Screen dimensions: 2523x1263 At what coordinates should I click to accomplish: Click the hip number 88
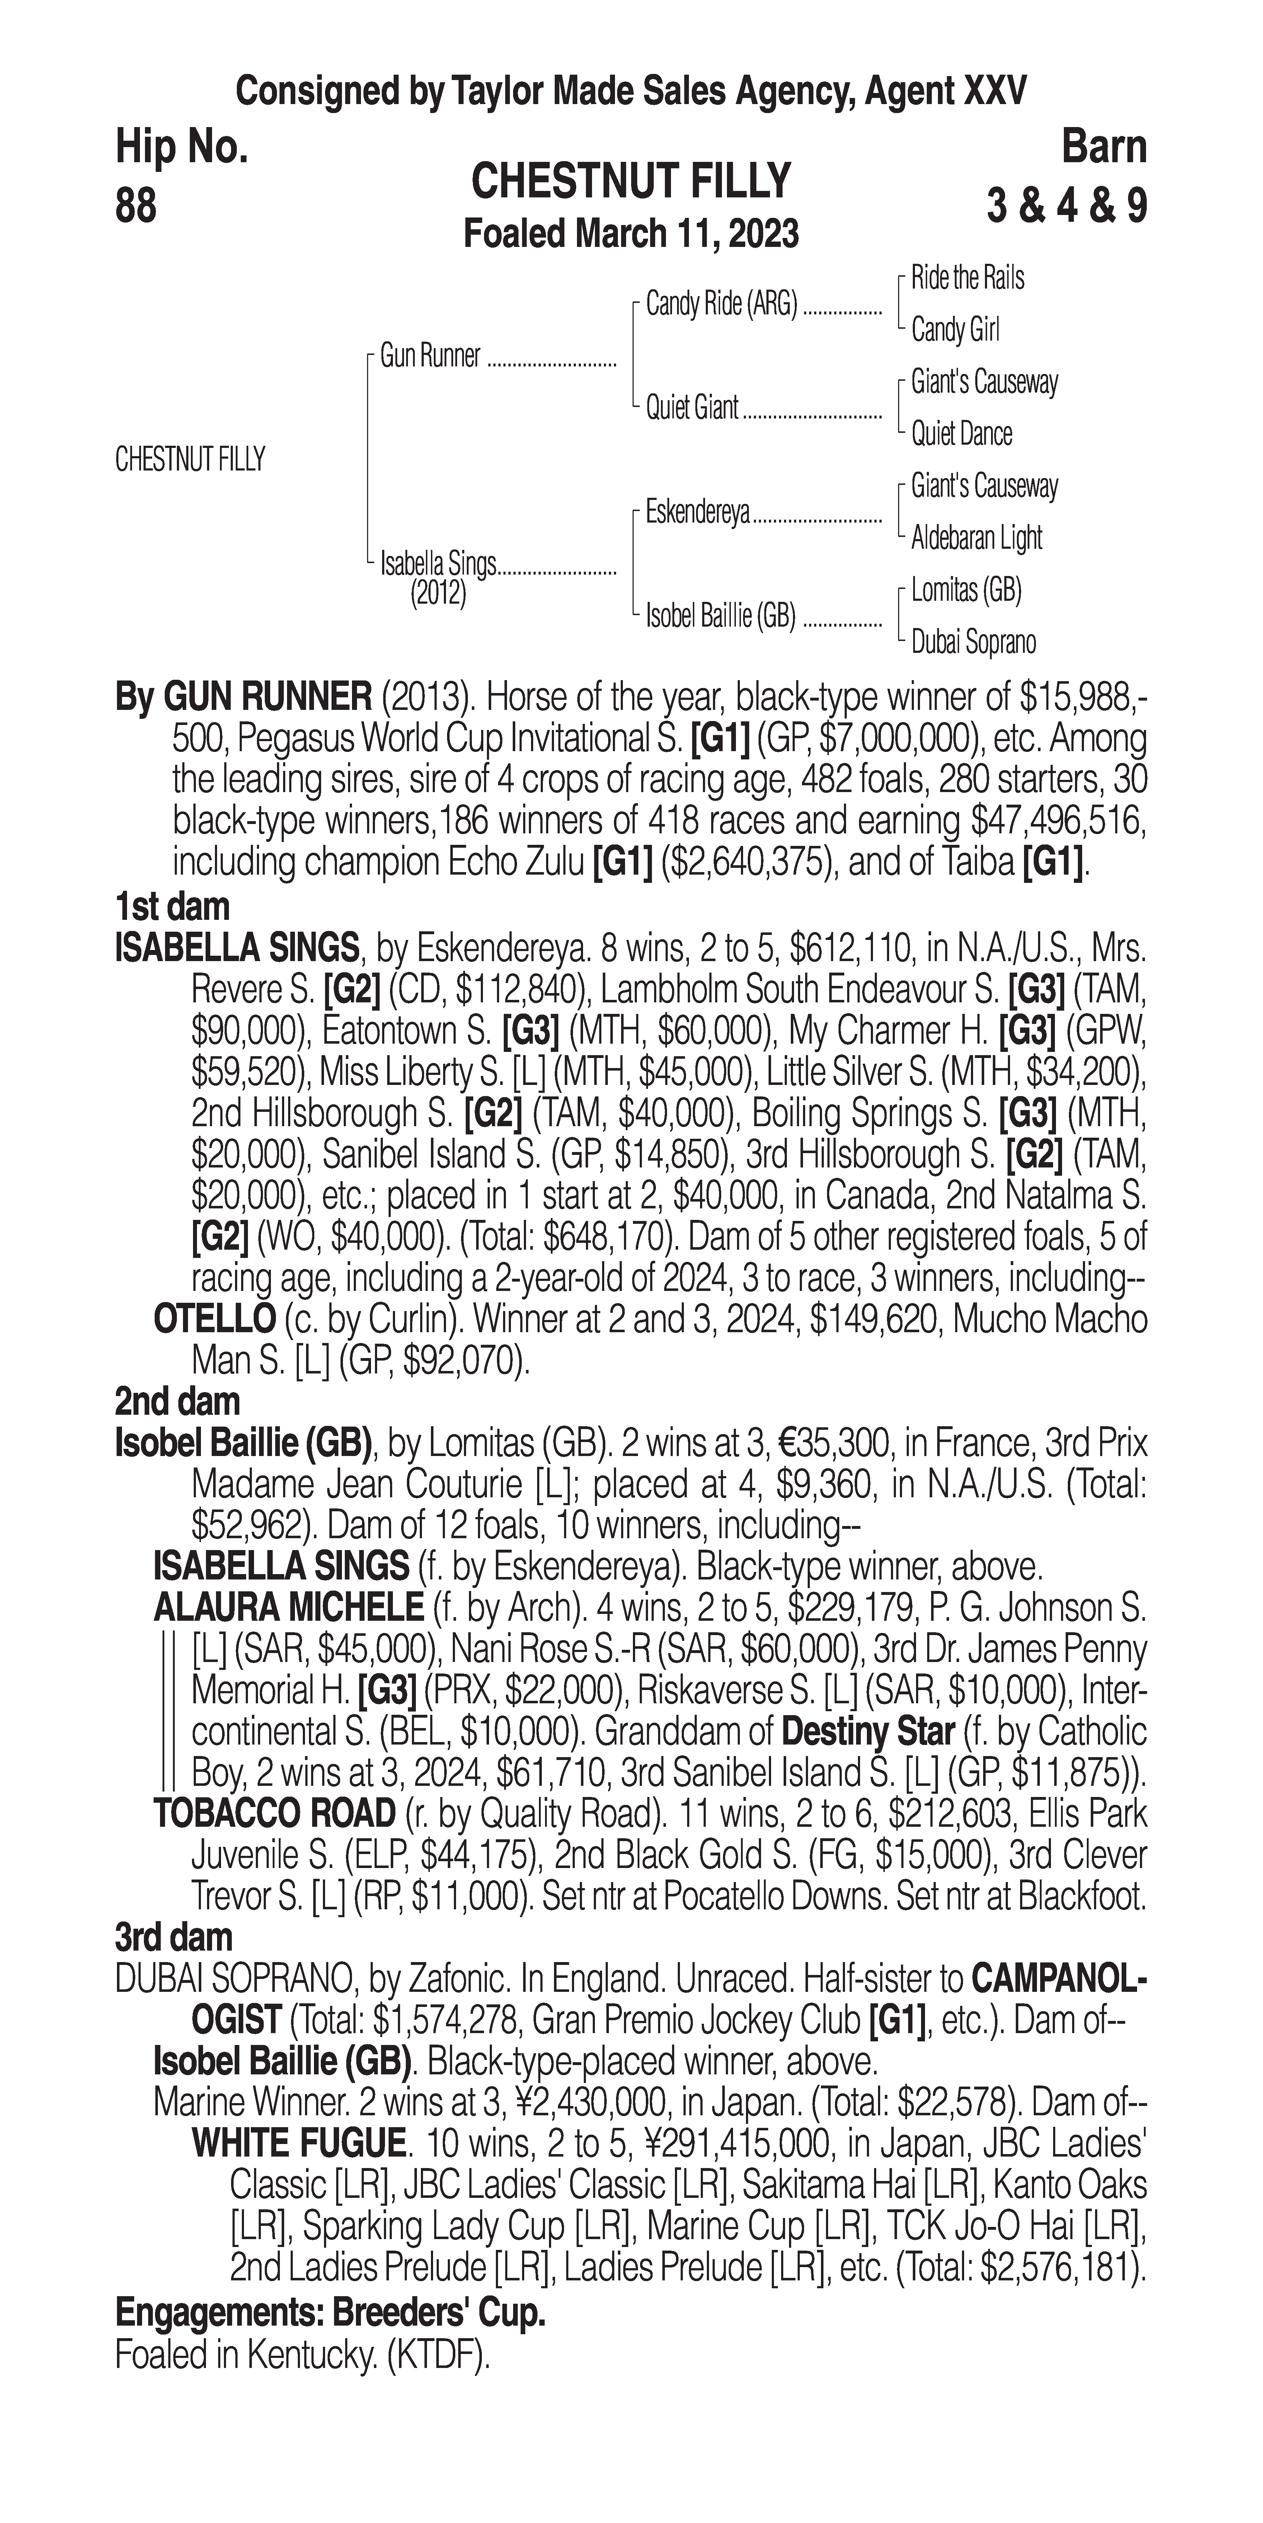[x=136, y=207]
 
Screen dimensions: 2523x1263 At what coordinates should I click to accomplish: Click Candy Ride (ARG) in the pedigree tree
[x=722, y=305]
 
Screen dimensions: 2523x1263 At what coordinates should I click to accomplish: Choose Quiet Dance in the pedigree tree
[x=962, y=434]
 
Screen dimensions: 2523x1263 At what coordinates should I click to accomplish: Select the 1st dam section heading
[x=172, y=906]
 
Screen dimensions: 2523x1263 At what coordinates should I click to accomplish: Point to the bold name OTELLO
[x=215, y=1319]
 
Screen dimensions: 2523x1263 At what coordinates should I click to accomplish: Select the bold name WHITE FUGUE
[x=299, y=2143]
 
